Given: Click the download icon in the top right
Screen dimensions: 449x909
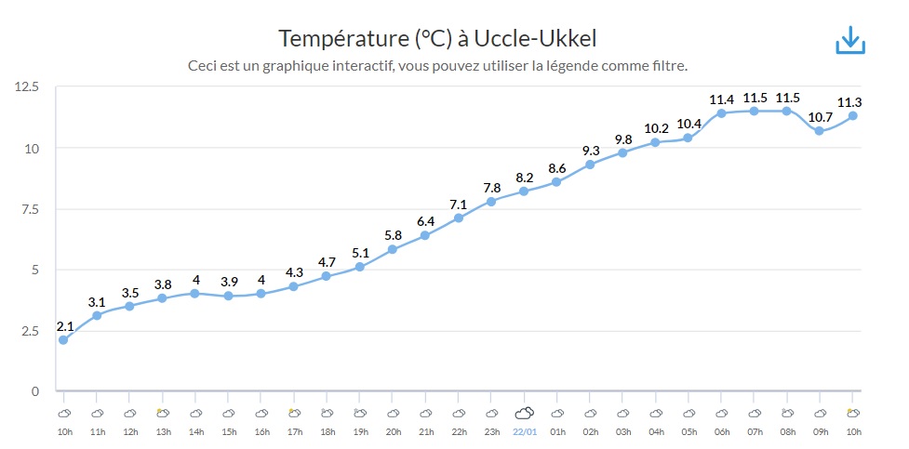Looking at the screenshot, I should [x=850, y=41].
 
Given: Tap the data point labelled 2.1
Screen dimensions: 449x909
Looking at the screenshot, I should [x=63, y=340].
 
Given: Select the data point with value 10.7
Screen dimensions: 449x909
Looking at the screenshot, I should [x=819, y=131].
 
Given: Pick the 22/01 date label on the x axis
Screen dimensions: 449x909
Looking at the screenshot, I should [x=524, y=431].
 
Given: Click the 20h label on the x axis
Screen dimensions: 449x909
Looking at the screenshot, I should [x=393, y=431].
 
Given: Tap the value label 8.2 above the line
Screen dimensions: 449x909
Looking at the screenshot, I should [x=524, y=178].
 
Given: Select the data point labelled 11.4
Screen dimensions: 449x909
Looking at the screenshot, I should [x=721, y=113].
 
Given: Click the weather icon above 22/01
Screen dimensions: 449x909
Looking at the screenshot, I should [x=524, y=413].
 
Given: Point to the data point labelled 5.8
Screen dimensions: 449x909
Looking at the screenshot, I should [x=393, y=249].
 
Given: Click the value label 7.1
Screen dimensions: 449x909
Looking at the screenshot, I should [x=459, y=205].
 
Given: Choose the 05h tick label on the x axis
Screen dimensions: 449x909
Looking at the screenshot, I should [x=688, y=431].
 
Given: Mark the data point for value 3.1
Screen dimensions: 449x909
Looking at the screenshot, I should [x=97, y=315].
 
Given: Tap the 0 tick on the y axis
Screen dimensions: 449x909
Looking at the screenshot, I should [x=34, y=391].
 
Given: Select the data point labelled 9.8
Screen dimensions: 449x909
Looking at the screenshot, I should [x=622, y=152].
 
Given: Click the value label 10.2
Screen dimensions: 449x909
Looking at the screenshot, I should [x=656, y=128].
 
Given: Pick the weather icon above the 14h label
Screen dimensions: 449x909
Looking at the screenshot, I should [x=195, y=413].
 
